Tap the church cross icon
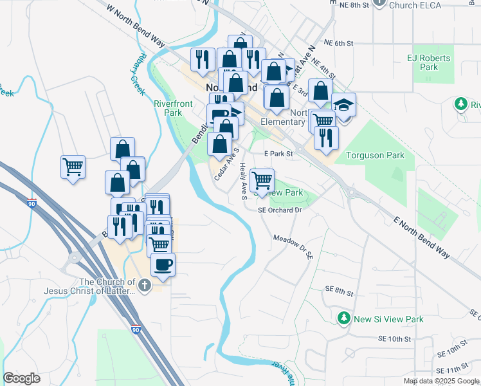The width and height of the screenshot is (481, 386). pos(145,285)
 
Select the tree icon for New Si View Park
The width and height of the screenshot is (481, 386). pos(344,318)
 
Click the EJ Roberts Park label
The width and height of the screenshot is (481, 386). pos(428,62)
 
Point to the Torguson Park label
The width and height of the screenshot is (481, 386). pos(375,155)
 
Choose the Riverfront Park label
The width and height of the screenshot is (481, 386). pos(168,108)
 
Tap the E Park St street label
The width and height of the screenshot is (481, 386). pos(279,154)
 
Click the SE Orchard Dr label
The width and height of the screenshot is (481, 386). pos(280,210)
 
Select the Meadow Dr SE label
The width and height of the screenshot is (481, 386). pos(293,245)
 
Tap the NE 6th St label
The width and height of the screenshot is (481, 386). pos(340,43)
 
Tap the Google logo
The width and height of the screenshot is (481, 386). pos(21,378)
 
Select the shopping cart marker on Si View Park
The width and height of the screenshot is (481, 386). pos(262,180)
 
